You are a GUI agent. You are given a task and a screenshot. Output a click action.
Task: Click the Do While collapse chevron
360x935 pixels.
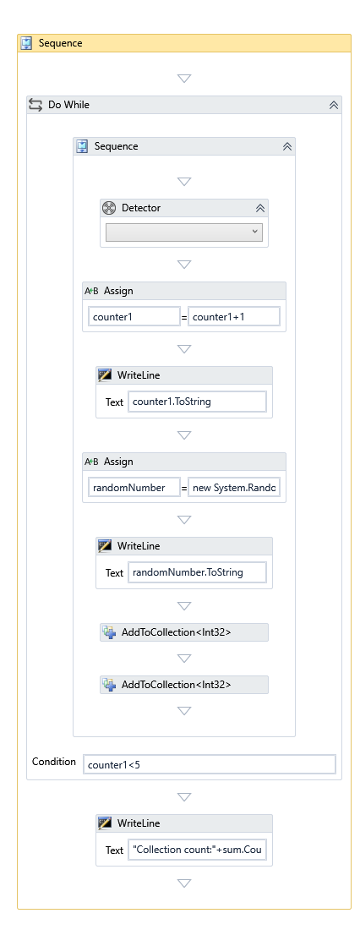(334, 105)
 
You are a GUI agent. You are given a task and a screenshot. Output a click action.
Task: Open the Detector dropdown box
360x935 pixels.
(184, 232)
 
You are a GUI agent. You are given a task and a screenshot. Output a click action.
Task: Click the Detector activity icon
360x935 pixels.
(109, 207)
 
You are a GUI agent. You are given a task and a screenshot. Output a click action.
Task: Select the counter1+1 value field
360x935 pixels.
(234, 317)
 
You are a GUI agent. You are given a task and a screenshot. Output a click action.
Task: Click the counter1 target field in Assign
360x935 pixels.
(134, 317)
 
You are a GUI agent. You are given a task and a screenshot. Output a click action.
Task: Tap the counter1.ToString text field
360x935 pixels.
(197, 402)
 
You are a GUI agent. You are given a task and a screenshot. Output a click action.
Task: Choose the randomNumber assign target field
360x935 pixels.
(134, 488)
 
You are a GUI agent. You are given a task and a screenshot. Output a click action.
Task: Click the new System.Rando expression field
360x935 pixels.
(234, 488)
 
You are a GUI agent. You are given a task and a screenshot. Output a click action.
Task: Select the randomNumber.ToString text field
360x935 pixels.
(197, 572)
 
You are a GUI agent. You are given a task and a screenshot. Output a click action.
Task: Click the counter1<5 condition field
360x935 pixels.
(210, 764)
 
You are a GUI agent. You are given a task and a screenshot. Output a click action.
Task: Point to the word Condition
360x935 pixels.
(54, 762)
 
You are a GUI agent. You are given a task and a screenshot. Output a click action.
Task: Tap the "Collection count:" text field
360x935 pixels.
(197, 850)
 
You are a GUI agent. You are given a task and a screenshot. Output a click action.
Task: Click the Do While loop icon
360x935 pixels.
(35, 105)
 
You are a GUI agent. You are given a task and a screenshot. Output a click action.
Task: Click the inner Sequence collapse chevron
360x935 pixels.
(287, 147)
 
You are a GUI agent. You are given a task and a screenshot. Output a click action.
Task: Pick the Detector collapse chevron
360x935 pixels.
(260, 208)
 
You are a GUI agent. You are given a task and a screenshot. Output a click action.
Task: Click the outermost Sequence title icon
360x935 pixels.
(26, 43)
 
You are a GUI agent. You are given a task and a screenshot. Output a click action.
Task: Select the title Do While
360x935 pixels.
(68, 105)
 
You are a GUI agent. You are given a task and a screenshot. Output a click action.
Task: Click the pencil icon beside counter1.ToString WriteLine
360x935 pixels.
(105, 375)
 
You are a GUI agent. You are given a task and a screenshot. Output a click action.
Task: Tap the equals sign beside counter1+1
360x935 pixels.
(184, 317)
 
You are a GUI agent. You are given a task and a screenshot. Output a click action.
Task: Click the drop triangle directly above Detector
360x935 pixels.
(184, 181)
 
